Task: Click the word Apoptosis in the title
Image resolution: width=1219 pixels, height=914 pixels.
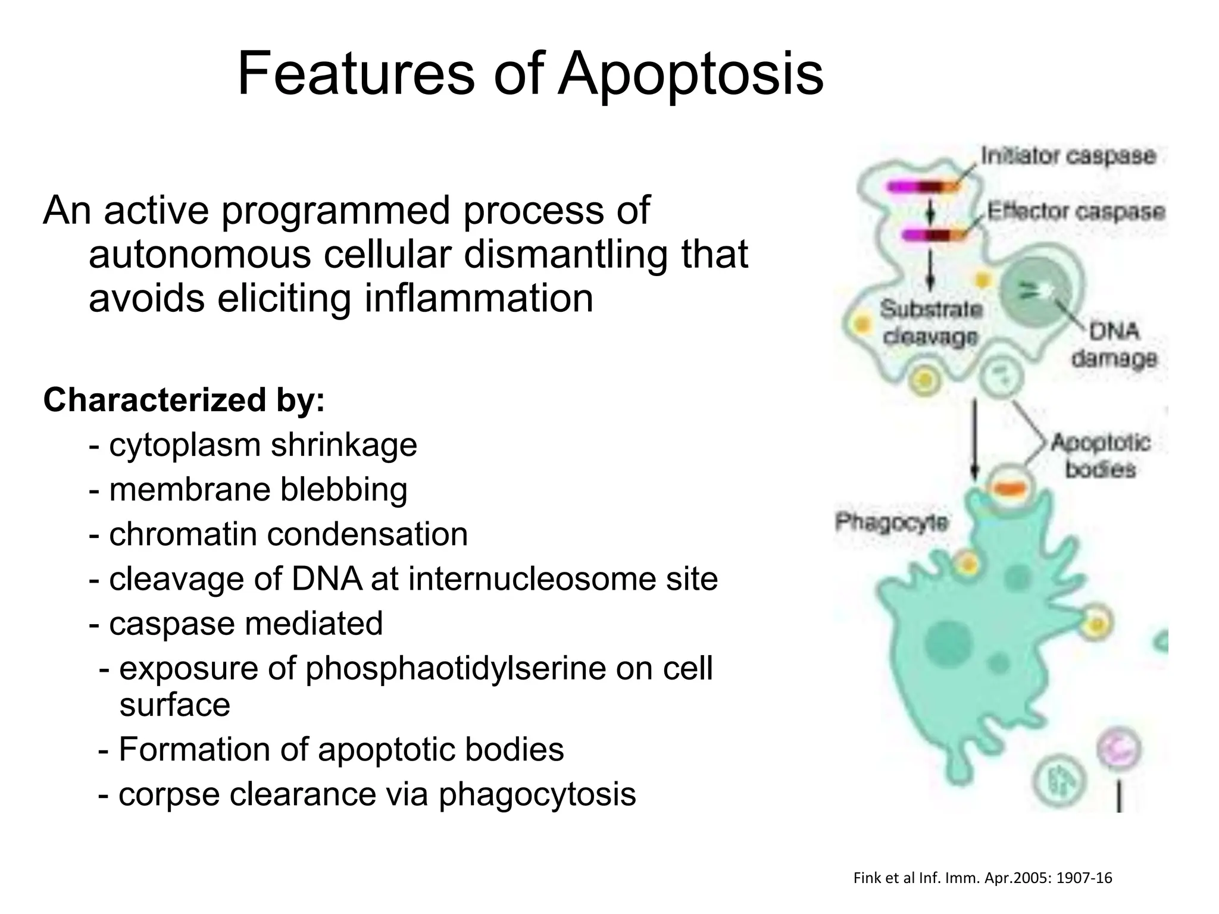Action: pos(690,74)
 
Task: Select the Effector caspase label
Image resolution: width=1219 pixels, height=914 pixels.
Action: pos(1076,212)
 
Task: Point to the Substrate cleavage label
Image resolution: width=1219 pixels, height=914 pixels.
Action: pos(930,323)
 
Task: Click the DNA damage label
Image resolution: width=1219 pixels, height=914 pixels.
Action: pos(1114,345)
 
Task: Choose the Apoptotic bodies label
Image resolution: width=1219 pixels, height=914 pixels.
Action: pos(1101,455)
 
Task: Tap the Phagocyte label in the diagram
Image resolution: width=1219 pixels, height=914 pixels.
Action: pos(891,522)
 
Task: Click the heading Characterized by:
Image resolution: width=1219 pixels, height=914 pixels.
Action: pos(184,400)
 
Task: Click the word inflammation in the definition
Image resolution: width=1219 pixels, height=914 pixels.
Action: pos(479,298)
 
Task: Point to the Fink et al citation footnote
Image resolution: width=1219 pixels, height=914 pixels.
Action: pos(982,878)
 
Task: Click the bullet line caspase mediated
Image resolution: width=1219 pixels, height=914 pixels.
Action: pos(236,624)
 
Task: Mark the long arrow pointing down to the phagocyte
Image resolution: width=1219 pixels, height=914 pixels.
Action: pos(974,440)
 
